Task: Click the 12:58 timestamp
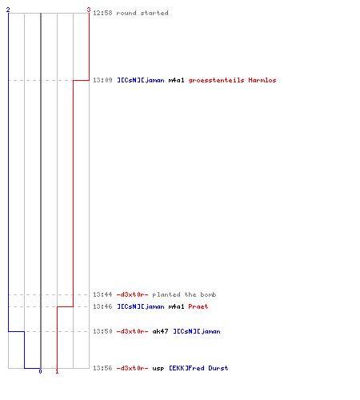[102, 13]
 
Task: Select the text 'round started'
[142, 13]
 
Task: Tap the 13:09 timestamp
[102, 80]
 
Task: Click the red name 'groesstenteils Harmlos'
[232, 80]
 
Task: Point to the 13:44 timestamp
[102, 294]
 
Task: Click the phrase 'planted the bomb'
[184, 294]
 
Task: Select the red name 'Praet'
[198, 306]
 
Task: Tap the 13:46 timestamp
[102, 306]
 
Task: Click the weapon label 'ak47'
[160, 331]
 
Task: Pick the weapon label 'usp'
[158, 369]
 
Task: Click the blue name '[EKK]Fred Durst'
[198, 368]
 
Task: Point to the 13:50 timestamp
[102, 331]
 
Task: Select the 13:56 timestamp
[102, 368]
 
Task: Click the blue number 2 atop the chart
[8, 10]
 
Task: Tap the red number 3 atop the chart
[89, 10]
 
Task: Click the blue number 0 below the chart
[40, 371]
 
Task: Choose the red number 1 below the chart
[57, 371]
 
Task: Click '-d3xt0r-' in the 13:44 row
[132, 294]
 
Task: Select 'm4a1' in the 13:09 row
[176, 80]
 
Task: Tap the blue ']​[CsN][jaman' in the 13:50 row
[197, 331]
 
